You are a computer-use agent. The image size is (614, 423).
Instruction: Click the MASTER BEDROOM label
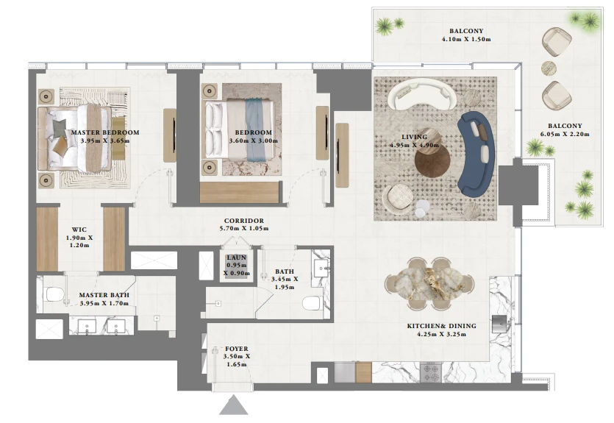click(105, 132)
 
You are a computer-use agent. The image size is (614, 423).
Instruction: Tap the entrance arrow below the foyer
click(234, 405)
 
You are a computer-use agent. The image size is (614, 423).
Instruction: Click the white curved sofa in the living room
click(422, 94)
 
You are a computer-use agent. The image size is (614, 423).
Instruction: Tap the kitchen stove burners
click(431, 372)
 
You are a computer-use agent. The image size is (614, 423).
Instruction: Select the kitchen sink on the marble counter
click(501, 324)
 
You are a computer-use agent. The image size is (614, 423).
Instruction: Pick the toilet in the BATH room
click(312, 303)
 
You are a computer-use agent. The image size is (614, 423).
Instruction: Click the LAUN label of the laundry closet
click(237, 257)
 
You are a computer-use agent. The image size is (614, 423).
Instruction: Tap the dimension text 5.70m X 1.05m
click(244, 228)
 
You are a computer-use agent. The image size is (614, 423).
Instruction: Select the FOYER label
click(237, 349)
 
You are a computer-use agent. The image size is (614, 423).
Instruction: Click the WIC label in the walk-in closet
click(79, 230)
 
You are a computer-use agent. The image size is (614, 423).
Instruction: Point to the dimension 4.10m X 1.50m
click(466, 39)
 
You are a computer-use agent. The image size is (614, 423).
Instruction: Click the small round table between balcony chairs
click(549, 68)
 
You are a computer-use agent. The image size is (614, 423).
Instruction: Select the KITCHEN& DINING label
click(441, 326)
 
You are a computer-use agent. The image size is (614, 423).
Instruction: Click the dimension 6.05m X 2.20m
click(565, 134)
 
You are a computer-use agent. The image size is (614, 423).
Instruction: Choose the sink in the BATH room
click(322, 268)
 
